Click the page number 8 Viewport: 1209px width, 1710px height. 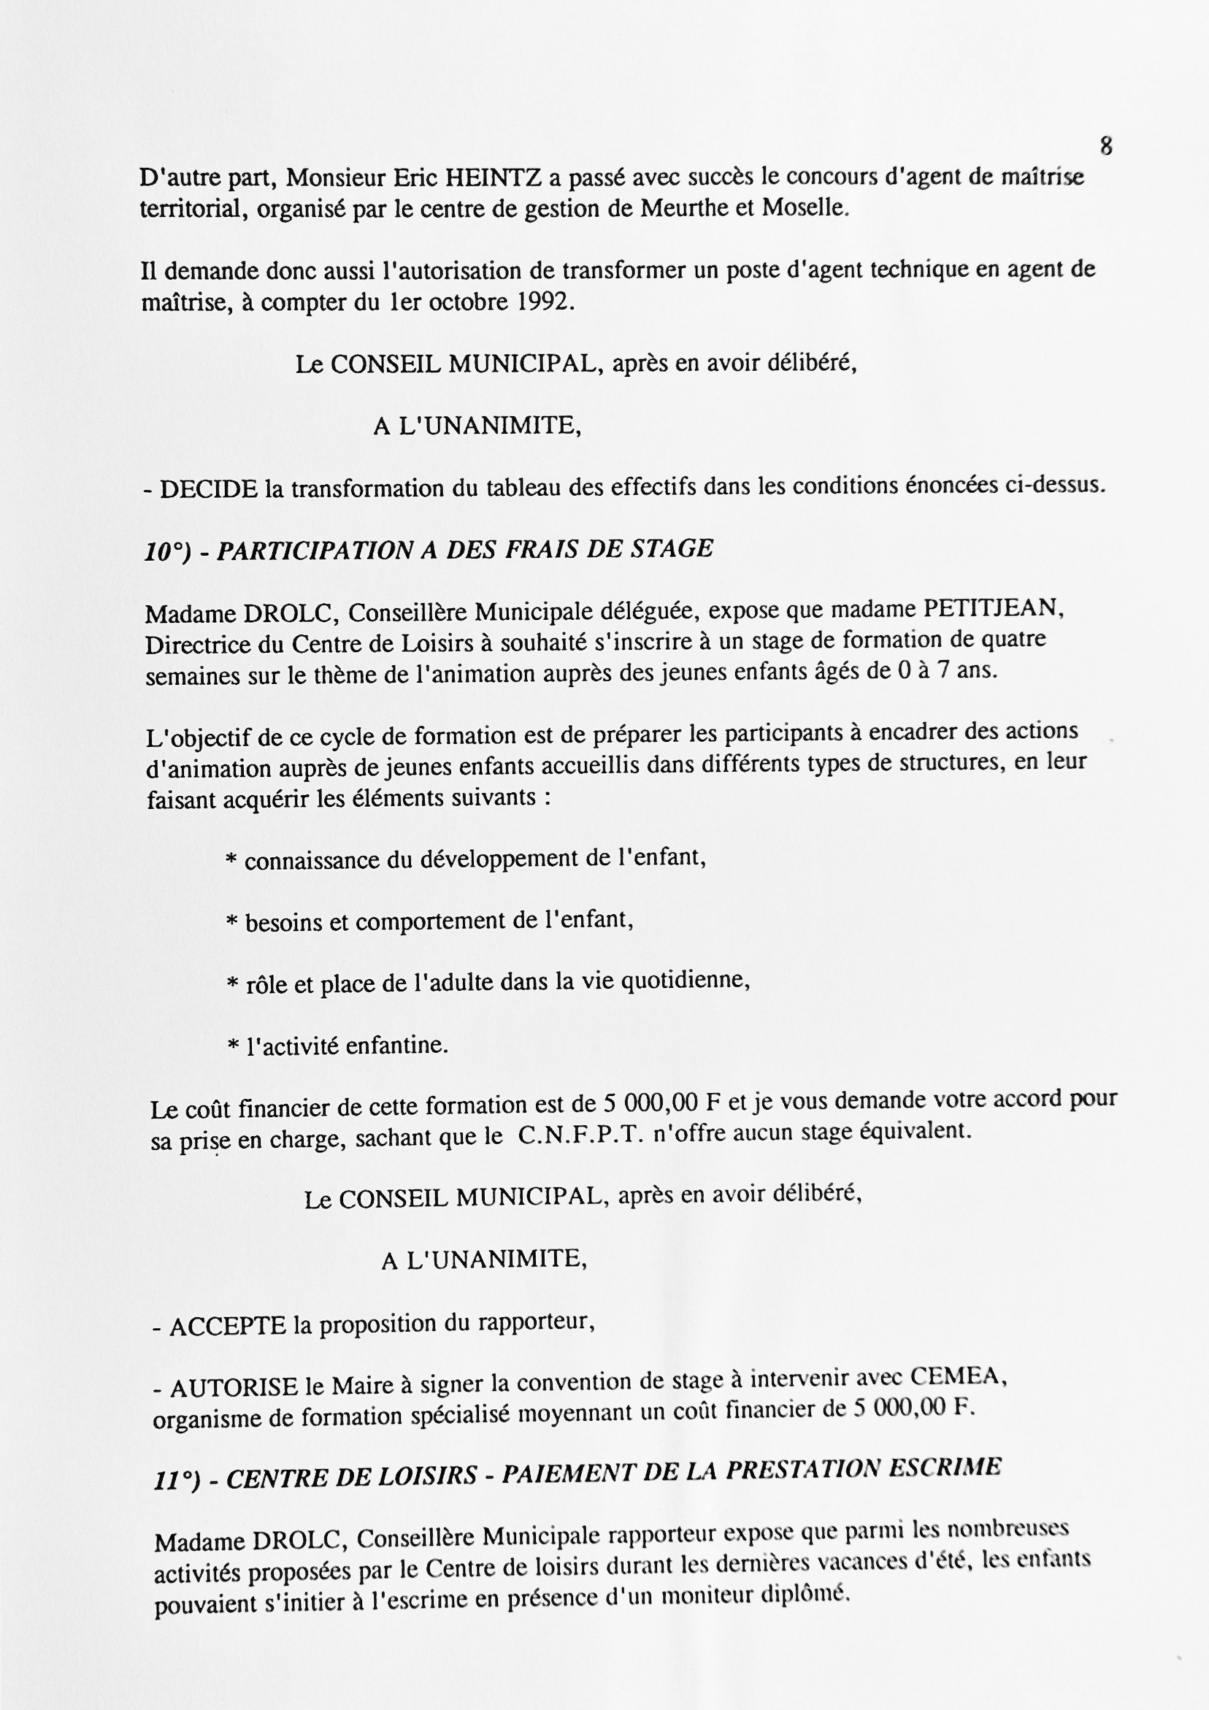[1105, 146]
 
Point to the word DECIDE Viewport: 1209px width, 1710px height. [208, 489]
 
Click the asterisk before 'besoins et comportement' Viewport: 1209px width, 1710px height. [231, 924]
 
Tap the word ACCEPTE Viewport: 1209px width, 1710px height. [228, 1327]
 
